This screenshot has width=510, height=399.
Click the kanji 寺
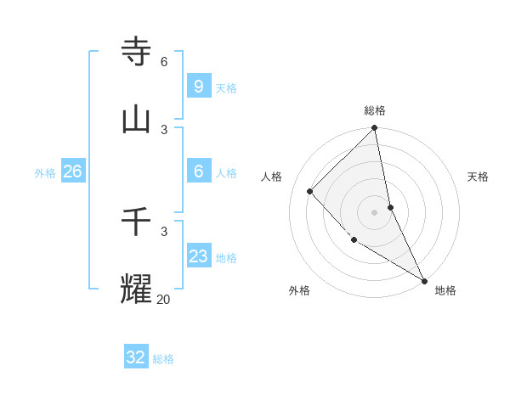click(x=137, y=52)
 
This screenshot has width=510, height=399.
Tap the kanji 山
click(x=137, y=120)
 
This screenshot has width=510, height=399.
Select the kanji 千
click(x=137, y=222)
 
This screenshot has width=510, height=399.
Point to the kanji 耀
click(x=137, y=289)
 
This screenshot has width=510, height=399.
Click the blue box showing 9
click(x=198, y=86)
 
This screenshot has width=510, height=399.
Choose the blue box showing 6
click(x=198, y=171)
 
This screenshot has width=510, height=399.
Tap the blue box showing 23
click(x=198, y=256)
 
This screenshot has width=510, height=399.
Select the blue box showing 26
click(x=72, y=171)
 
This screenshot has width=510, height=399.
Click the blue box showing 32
click(x=135, y=357)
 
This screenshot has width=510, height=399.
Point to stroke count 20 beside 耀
click(x=163, y=299)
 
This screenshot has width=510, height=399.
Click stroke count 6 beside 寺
click(x=163, y=61)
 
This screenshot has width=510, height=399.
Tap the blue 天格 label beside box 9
click(x=226, y=87)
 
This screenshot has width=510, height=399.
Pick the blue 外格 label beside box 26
click(x=45, y=173)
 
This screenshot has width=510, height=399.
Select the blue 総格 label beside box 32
click(x=163, y=359)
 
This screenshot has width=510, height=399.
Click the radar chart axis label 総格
click(x=375, y=110)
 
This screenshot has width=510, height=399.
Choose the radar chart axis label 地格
click(x=445, y=290)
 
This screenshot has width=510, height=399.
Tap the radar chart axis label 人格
click(x=271, y=177)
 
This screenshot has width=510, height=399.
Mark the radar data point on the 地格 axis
click(x=423, y=280)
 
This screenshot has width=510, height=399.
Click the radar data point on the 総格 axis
click(x=375, y=128)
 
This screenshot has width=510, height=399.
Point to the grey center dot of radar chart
click(x=375, y=212)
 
